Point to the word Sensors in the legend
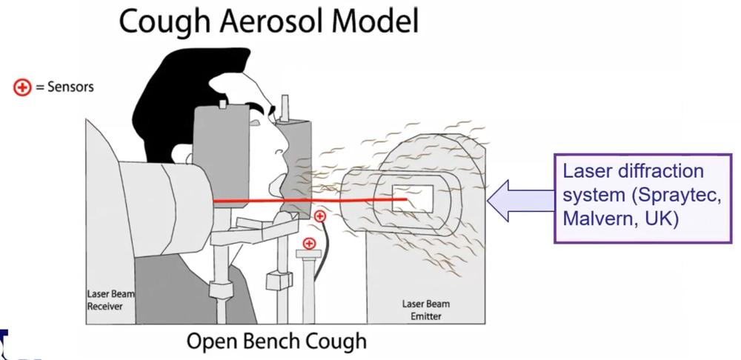point(70,87)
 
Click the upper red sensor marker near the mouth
point(319,216)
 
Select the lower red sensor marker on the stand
point(310,243)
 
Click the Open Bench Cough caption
point(276,341)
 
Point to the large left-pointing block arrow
point(519,200)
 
